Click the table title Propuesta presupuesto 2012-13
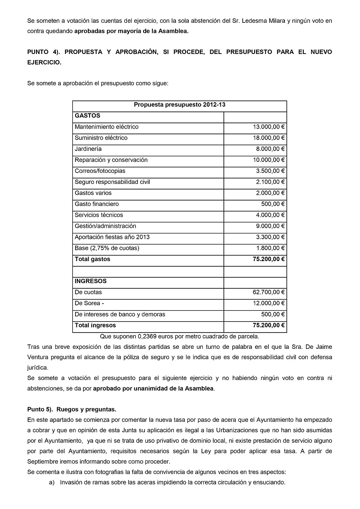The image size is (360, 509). pos(180,105)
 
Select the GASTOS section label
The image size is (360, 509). pos(87,116)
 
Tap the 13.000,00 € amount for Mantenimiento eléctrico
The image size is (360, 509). pos(269,127)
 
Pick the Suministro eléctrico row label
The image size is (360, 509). pos(101,138)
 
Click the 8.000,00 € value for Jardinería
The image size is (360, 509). pos(270,149)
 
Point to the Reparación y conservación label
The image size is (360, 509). pos(111,160)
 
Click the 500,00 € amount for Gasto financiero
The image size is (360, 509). pos(273,204)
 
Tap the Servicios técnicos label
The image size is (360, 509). pos(99,215)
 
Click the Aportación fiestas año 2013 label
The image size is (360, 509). pos(112,237)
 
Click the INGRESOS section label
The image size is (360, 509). pos(90,281)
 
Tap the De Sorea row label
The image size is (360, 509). pos(89,303)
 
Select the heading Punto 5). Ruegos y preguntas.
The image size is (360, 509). pos(72,409)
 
